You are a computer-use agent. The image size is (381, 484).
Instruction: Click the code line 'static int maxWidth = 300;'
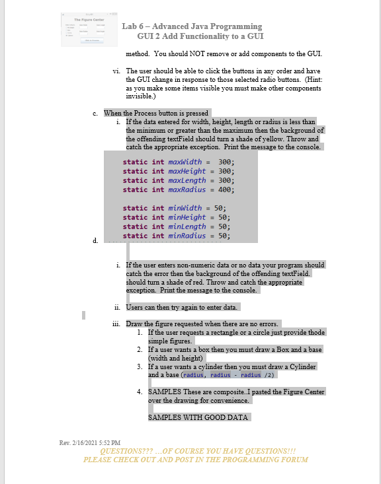tap(179, 162)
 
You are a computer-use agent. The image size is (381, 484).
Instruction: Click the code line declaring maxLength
tap(179, 180)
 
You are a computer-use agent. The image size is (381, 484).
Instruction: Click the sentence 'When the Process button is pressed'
tap(157, 113)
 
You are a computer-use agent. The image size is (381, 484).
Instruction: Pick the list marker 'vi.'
tap(117, 70)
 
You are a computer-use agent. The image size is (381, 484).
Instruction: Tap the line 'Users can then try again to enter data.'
tap(181, 307)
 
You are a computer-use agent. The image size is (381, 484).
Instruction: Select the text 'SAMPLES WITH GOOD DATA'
tap(198, 417)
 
